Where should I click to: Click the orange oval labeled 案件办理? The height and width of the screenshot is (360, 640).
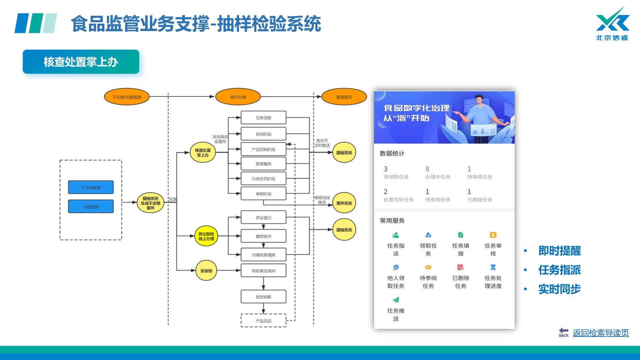(x=238, y=97)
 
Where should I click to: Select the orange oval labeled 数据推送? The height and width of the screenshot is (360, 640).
(x=344, y=97)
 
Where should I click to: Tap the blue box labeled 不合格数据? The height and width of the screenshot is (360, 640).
(x=91, y=187)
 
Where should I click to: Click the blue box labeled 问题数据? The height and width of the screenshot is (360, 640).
(x=91, y=207)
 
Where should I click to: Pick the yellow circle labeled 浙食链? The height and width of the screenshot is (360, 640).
(x=206, y=271)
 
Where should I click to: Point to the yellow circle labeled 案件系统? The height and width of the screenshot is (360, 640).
(x=344, y=203)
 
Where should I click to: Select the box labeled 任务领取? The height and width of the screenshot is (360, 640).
(x=263, y=118)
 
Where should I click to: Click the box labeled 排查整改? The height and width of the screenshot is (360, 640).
(x=263, y=164)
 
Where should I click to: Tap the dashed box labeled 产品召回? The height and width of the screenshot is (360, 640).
(x=263, y=321)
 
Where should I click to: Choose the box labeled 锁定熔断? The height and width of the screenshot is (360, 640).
(x=263, y=297)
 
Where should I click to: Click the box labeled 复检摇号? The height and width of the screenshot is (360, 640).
(x=263, y=236)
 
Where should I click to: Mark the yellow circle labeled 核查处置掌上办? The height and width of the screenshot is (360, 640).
(x=203, y=153)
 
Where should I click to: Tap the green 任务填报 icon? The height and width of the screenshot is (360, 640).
(x=461, y=235)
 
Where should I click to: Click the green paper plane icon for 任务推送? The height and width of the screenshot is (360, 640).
(x=396, y=300)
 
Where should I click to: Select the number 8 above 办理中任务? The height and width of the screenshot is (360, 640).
(x=427, y=169)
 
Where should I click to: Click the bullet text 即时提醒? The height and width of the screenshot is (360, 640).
(x=559, y=251)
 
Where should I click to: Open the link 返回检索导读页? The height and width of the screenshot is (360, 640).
(x=601, y=333)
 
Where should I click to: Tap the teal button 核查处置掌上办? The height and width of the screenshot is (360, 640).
(x=81, y=62)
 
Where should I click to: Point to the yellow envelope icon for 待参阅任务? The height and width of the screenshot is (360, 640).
(x=428, y=267)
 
